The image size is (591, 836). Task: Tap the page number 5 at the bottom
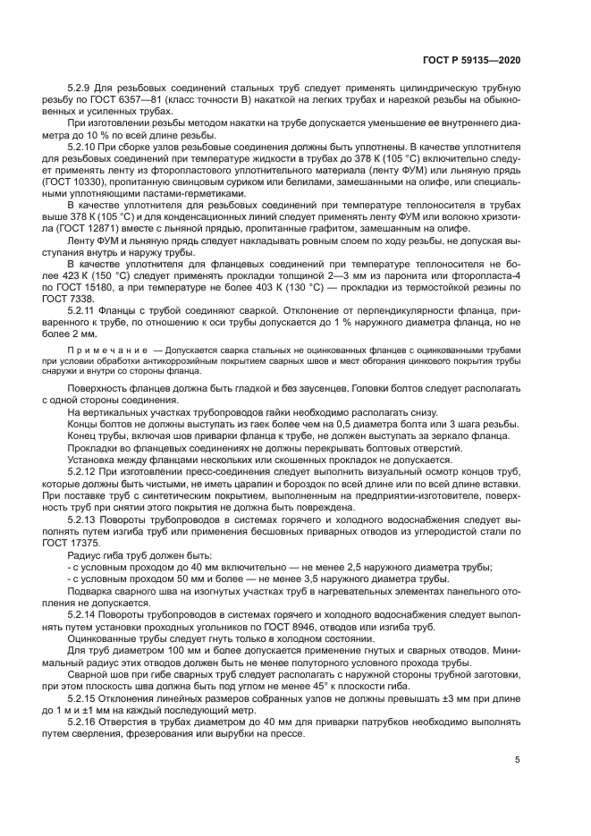click(517, 761)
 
